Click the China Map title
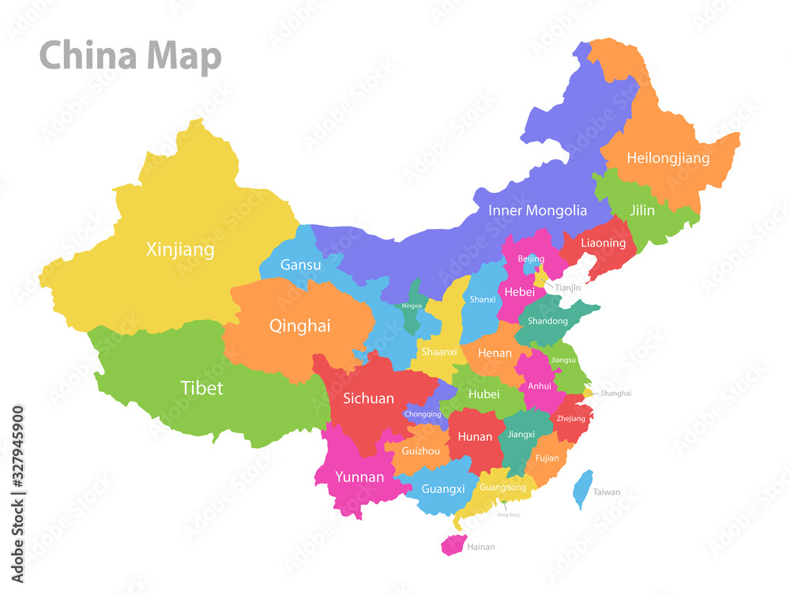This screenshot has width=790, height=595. point(130,57)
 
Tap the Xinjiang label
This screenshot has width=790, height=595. point(180,250)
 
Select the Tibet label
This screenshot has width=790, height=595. point(201,388)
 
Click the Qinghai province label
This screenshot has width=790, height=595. point(299,326)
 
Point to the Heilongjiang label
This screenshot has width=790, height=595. point(668,158)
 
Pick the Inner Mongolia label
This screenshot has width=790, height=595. point(537,210)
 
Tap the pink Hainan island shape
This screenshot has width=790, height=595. point(453,544)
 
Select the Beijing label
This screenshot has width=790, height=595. point(531,258)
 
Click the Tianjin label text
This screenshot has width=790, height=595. point(567,288)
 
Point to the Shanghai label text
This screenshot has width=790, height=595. point(615,393)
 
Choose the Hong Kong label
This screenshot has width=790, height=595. point(508,514)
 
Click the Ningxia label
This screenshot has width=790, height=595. point(412,305)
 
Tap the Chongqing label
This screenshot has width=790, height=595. point(422,413)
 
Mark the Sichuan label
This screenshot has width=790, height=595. point(368,398)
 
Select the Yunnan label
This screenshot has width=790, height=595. point(359,476)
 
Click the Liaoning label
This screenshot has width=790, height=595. point(603,243)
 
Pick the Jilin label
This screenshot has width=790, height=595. point(641,210)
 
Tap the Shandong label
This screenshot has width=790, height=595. point(547,321)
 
